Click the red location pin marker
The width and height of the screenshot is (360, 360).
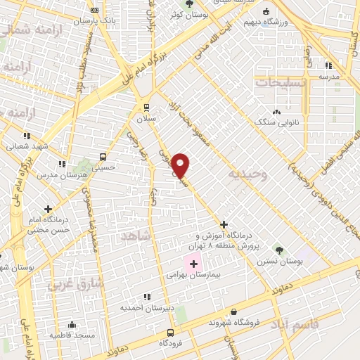coord(181,165)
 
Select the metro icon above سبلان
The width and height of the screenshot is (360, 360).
coord(146,107)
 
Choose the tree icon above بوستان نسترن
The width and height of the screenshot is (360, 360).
coord(278,249)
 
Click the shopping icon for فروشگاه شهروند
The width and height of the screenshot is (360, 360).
coord(233,311)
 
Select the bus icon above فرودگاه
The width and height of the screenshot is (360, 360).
coord(169,332)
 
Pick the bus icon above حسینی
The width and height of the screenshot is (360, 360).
coord(103,157)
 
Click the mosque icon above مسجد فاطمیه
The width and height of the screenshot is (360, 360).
coord(72,325)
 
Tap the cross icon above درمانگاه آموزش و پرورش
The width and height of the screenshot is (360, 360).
coord(224,224)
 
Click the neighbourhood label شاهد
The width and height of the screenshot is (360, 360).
coord(136,236)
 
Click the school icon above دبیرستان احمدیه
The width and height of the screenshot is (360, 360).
coord(146,297)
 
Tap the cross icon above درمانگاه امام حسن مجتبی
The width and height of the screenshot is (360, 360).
coord(48,209)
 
